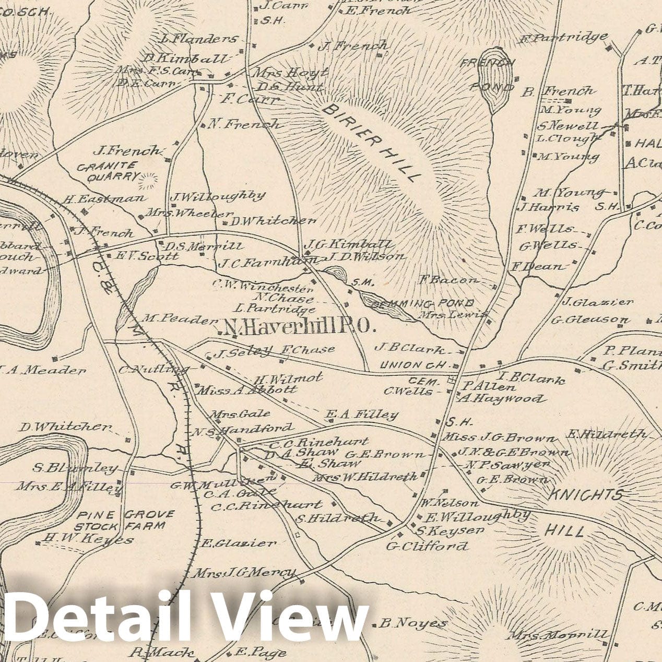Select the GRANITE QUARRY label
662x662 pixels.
click(107, 172)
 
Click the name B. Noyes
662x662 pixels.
click(412, 623)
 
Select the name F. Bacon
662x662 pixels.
click(448, 280)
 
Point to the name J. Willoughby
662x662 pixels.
click(218, 197)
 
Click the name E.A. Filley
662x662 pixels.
click(361, 415)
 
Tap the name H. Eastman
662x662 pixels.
click(104, 199)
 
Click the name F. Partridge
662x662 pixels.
click(564, 38)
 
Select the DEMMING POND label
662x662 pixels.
click(421, 303)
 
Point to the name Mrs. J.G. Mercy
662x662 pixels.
click(244, 573)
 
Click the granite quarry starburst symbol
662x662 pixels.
click(148, 180)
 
